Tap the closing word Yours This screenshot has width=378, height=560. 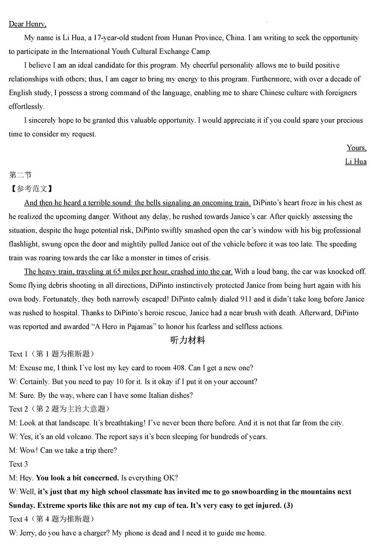tap(356, 148)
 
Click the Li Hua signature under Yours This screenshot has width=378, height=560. tap(355, 161)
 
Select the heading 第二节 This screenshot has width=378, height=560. tap(20, 175)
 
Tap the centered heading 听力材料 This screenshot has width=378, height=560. tap(187, 341)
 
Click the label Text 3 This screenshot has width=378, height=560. tap(18, 464)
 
